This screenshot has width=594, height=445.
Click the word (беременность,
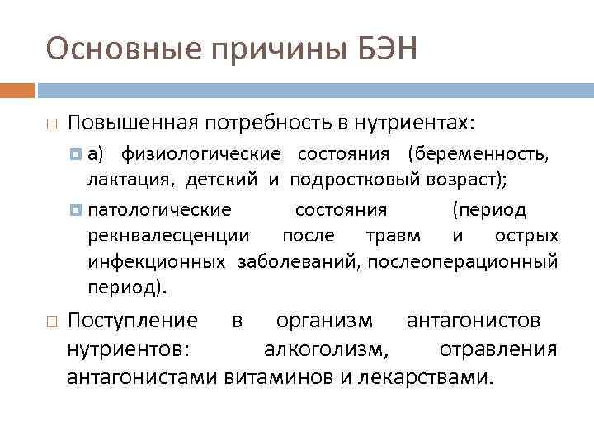point(478,153)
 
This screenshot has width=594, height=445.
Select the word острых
point(526,236)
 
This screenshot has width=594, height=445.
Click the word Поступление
point(132,320)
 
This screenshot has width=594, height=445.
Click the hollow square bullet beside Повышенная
point(51,124)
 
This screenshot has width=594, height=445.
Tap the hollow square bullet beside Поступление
point(51,321)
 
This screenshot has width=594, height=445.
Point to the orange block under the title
point(17,89)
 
